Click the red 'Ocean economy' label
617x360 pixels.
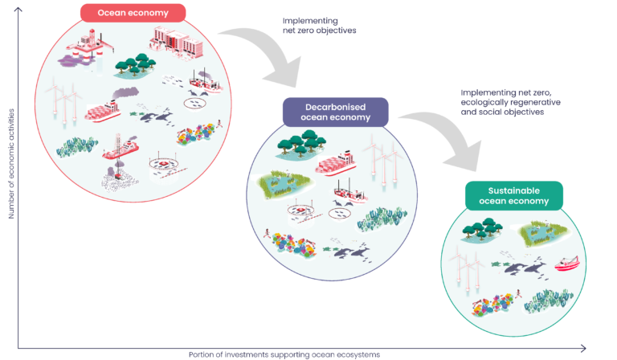coord(133,13)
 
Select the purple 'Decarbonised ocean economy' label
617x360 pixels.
coord(335,112)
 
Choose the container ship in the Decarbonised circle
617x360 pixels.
coord(337,165)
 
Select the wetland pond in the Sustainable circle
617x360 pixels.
coord(545,233)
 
